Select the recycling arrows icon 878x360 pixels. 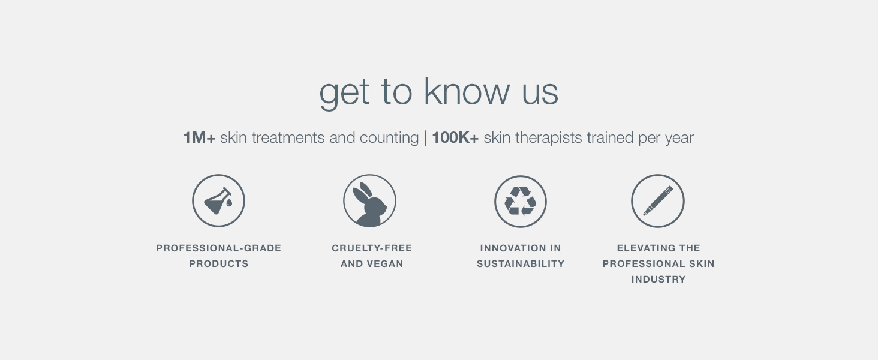pyautogui.click(x=520, y=201)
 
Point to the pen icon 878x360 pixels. pyautogui.click(x=658, y=200)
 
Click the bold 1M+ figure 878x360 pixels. pyautogui.click(x=199, y=137)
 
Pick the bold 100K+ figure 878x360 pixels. pyautogui.click(x=455, y=137)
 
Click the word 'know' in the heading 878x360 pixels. pyautogui.click(x=467, y=92)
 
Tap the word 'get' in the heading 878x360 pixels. pyautogui.click(x=344, y=94)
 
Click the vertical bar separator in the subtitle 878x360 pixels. pyautogui.click(x=425, y=138)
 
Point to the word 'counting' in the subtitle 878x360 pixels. pyautogui.click(x=389, y=138)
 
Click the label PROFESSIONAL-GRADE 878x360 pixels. pyautogui.click(x=219, y=248)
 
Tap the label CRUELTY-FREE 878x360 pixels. pyautogui.click(x=372, y=248)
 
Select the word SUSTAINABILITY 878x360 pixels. pyautogui.click(x=520, y=264)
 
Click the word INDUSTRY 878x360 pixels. pyautogui.click(x=658, y=280)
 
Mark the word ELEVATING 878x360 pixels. pyautogui.click(x=642, y=248)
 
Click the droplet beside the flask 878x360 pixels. pyautogui.click(x=229, y=202)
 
